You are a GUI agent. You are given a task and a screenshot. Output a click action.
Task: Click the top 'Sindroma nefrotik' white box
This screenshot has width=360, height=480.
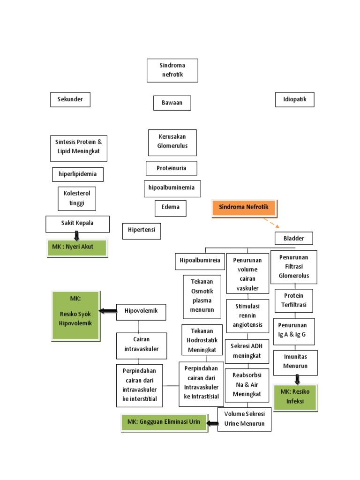[x=172, y=70]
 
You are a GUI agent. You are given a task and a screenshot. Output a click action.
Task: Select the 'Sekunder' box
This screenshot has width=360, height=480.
[x=70, y=99]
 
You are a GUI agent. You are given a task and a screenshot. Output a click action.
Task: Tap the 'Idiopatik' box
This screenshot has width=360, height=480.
[x=294, y=99]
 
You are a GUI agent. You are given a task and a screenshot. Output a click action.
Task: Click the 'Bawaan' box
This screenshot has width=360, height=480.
[x=172, y=103]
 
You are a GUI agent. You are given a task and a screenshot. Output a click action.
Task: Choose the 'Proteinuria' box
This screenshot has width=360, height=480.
[x=171, y=168]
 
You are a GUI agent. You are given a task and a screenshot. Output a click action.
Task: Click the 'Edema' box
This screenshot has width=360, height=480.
[x=171, y=208]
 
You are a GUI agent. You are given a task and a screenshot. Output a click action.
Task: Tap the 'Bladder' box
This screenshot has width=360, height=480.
[x=293, y=238]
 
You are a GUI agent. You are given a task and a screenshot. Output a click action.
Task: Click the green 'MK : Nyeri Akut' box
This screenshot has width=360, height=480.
[x=77, y=247]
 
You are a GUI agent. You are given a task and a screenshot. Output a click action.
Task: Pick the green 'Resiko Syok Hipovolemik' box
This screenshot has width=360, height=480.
[x=75, y=315]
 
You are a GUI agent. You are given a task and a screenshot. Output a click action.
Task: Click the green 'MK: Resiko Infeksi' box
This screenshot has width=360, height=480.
[x=295, y=397]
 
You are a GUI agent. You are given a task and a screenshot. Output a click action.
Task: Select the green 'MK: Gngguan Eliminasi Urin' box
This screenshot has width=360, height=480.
[x=164, y=422]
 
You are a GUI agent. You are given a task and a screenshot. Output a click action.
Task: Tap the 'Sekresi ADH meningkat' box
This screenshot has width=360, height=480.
[x=247, y=351]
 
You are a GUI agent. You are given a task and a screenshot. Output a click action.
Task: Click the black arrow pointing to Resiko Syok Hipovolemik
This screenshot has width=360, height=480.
[x=107, y=311]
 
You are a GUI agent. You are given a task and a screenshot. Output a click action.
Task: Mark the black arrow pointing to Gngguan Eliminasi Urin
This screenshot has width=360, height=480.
[x=212, y=423]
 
